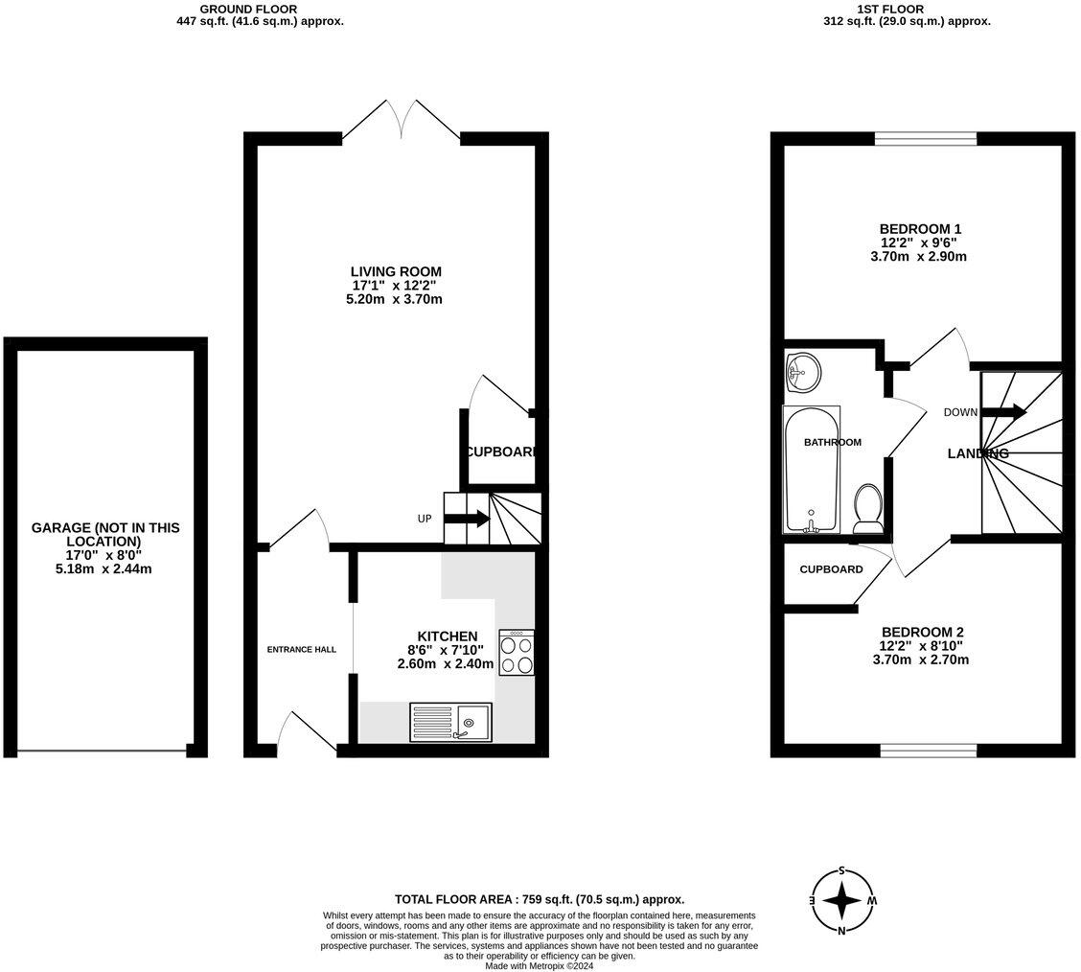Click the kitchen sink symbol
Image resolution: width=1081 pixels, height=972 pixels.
[450, 721]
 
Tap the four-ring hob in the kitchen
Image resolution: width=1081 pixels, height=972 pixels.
[517, 653]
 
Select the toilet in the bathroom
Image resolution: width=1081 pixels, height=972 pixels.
[868, 509]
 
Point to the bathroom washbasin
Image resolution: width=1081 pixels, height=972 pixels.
[803, 373]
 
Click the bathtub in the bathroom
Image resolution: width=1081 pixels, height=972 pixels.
[812, 470]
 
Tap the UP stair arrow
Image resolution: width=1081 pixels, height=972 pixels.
[468, 519]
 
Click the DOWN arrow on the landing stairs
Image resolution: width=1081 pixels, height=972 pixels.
[1003, 412]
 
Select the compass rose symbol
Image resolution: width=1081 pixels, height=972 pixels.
[841, 901]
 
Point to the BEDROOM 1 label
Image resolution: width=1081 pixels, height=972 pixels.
[920, 229]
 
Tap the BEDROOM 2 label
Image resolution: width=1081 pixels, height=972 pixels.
[922, 632]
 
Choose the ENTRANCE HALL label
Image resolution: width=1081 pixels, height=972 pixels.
[302, 649]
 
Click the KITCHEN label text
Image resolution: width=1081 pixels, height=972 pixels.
[447, 636]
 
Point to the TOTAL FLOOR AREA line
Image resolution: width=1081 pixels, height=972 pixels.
[540, 899]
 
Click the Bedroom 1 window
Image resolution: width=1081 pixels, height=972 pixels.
[925, 139]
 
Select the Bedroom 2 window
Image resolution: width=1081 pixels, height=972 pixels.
[928, 750]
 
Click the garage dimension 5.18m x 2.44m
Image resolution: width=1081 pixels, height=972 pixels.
[105, 568]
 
